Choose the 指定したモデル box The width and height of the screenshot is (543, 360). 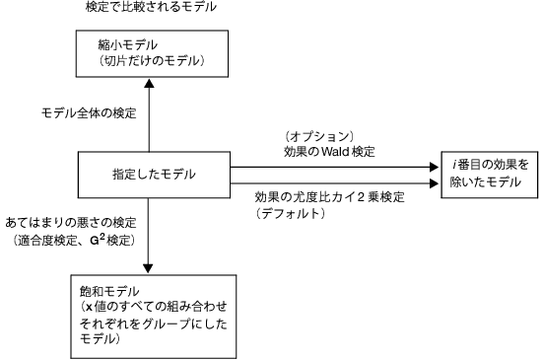click(x=148, y=176)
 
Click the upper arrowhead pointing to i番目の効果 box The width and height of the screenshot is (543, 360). click(x=435, y=168)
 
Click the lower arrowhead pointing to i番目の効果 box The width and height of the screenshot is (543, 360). click(x=435, y=182)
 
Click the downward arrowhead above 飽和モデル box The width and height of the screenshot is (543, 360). click(x=148, y=267)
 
